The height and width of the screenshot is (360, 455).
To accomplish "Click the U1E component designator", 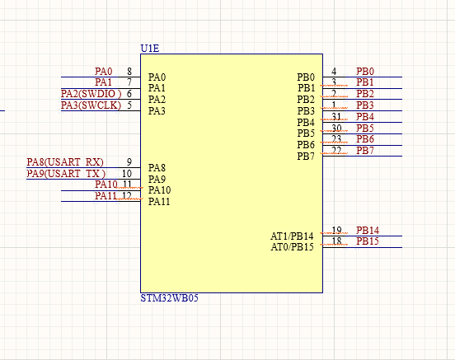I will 150,49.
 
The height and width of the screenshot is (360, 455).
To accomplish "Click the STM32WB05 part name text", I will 169,298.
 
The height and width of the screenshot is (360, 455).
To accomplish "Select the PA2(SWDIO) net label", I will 91,94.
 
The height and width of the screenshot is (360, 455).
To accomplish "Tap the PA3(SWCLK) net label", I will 91,105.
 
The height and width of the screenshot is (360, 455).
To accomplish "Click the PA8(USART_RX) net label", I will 65,162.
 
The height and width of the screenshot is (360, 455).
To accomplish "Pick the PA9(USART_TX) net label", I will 66,174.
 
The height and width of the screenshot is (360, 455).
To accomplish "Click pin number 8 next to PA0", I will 129,72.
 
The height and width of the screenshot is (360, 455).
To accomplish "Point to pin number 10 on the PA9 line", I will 127,174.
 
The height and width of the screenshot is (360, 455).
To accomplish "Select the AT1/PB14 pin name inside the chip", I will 293,236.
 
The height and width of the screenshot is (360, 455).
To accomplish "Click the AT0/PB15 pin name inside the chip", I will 293,247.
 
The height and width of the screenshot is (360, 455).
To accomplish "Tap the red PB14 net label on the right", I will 368,231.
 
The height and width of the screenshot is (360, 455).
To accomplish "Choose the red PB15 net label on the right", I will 368,241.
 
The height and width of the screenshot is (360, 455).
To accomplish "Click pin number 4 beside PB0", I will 334,72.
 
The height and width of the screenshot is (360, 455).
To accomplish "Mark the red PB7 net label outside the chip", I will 365,151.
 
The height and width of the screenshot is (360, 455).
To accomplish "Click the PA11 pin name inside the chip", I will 159,202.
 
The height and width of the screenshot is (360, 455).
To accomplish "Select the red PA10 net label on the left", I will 106,185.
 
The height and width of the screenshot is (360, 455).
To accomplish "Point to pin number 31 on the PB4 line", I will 336,117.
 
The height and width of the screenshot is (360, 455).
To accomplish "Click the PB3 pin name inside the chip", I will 306,111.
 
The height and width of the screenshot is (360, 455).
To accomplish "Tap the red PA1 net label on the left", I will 104,82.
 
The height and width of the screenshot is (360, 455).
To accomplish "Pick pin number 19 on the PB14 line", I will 336,231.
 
